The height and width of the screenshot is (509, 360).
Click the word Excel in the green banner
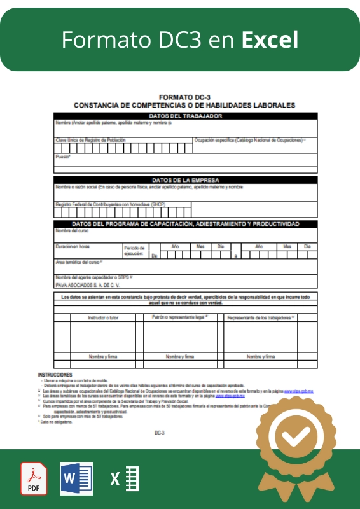(x=270, y=40)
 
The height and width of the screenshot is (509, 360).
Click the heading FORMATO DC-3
(x=184, y=97)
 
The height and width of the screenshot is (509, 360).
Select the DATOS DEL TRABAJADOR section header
(x=185, y=116)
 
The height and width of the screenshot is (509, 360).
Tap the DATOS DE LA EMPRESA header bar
(x=185, y=180)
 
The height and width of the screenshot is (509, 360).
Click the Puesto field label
(x=62, y=156)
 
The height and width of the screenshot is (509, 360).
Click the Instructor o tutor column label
(x=95, y=317)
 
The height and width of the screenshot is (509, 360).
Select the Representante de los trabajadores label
(x=261, y=317)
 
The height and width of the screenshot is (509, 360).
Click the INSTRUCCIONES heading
(x=55, y=375)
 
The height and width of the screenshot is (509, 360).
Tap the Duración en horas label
(x=73, y=246)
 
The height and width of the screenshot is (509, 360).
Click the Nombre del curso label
(x=71, y=230)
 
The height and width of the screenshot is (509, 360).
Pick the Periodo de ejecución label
(x=134, y=251)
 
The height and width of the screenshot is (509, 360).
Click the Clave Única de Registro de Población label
(x=90, y=139)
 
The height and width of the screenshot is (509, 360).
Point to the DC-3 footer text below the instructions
(x=160, y=432)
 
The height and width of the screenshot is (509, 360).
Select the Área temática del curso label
(x=79, y=261)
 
